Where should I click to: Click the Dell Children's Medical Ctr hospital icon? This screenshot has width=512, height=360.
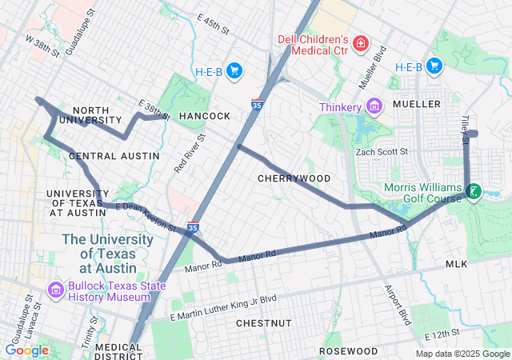[x=362, y=42]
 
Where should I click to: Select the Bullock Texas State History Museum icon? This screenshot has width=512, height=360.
[x=55, y=289]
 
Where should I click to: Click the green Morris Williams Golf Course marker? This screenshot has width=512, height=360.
[x=474, y=190]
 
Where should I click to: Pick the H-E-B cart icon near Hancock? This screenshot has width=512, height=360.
[x=234, y=71]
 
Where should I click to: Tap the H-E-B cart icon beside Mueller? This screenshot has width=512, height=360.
[x=434, y=66]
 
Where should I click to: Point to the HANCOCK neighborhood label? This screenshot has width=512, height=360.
[x=204, y=116]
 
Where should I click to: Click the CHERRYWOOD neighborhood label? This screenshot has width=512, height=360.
[x=294, y=178]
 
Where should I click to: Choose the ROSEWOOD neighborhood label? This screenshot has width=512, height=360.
[x=348, y=351]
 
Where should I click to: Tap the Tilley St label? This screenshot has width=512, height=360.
[x=464, y=129]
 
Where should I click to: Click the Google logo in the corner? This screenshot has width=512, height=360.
[x=27, y=350]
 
